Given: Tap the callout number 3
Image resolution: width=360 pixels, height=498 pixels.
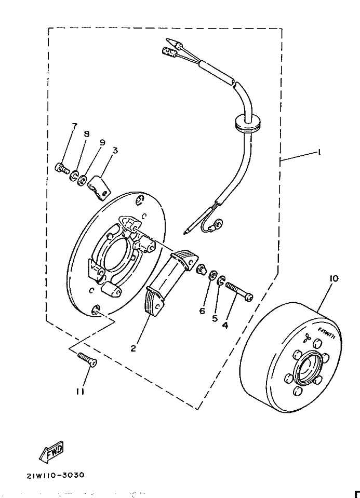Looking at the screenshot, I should [115, 151].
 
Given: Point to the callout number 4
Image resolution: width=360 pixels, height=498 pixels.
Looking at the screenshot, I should [225, 326].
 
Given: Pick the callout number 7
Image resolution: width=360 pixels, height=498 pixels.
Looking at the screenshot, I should [74, 126].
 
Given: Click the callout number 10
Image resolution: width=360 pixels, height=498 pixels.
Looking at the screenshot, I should [334, 279].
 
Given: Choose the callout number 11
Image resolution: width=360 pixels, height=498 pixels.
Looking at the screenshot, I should [80, 393].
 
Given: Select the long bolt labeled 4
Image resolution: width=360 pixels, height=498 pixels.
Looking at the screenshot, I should [238, 291].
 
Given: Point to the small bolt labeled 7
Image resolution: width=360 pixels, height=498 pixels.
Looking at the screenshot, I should [61, 168].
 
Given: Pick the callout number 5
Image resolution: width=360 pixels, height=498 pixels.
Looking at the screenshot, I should [214, 318].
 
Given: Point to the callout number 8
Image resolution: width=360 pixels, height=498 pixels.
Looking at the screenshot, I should [87, 134].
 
